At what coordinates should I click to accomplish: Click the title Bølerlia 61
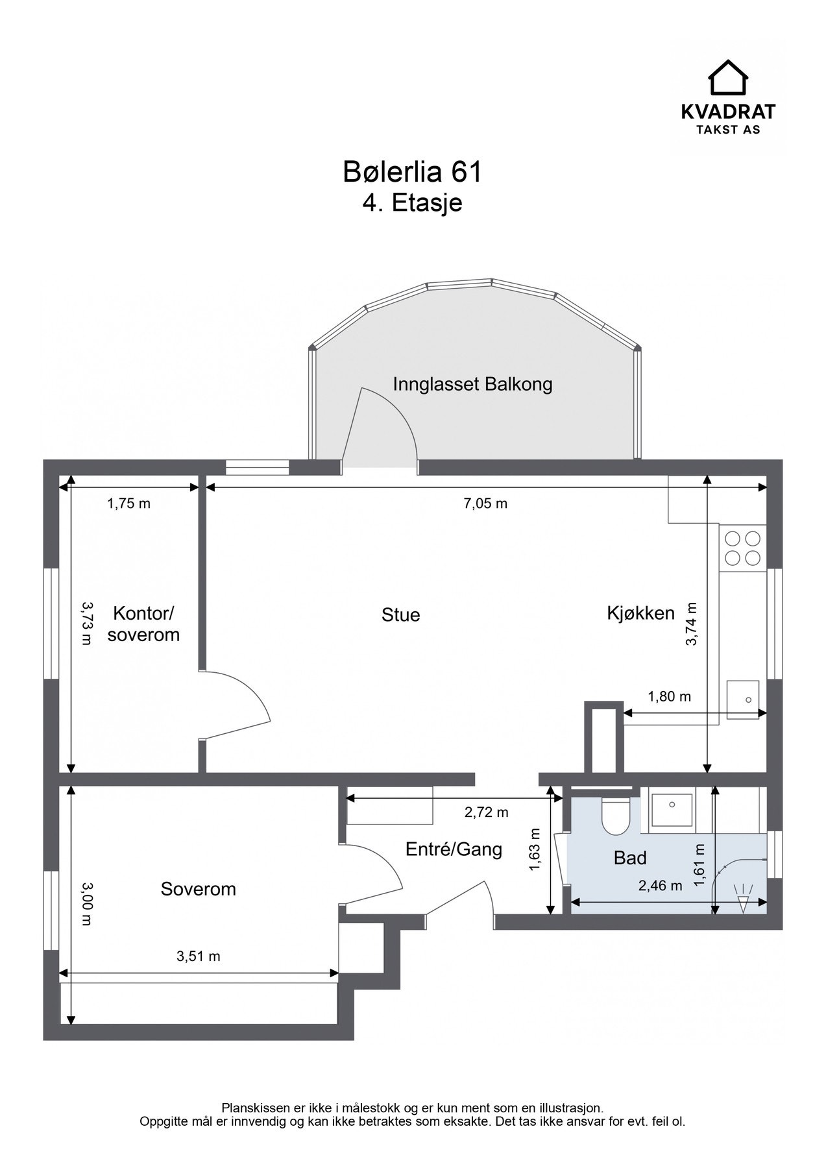point(412,173)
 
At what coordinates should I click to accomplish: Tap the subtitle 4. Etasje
point(412,203)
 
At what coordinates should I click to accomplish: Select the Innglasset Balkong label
point(472,384)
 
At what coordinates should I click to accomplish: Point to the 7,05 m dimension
point(485,504)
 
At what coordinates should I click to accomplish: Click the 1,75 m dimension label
point(128,504)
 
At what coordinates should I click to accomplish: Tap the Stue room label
point(400,614)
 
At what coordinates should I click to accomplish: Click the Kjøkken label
point(640,613)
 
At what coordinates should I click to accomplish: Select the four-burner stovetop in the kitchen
point(742,548)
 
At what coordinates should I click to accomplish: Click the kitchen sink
point(743,700)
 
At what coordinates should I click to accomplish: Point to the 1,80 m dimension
point(669,697)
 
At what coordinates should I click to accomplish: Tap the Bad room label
point(630,858)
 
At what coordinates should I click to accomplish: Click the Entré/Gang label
point(454,849)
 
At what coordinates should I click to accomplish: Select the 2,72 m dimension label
point(486,812)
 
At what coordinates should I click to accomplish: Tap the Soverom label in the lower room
point(198,889)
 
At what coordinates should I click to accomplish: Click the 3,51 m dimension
point(198,956)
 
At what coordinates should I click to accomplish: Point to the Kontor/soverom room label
point(143,624)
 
